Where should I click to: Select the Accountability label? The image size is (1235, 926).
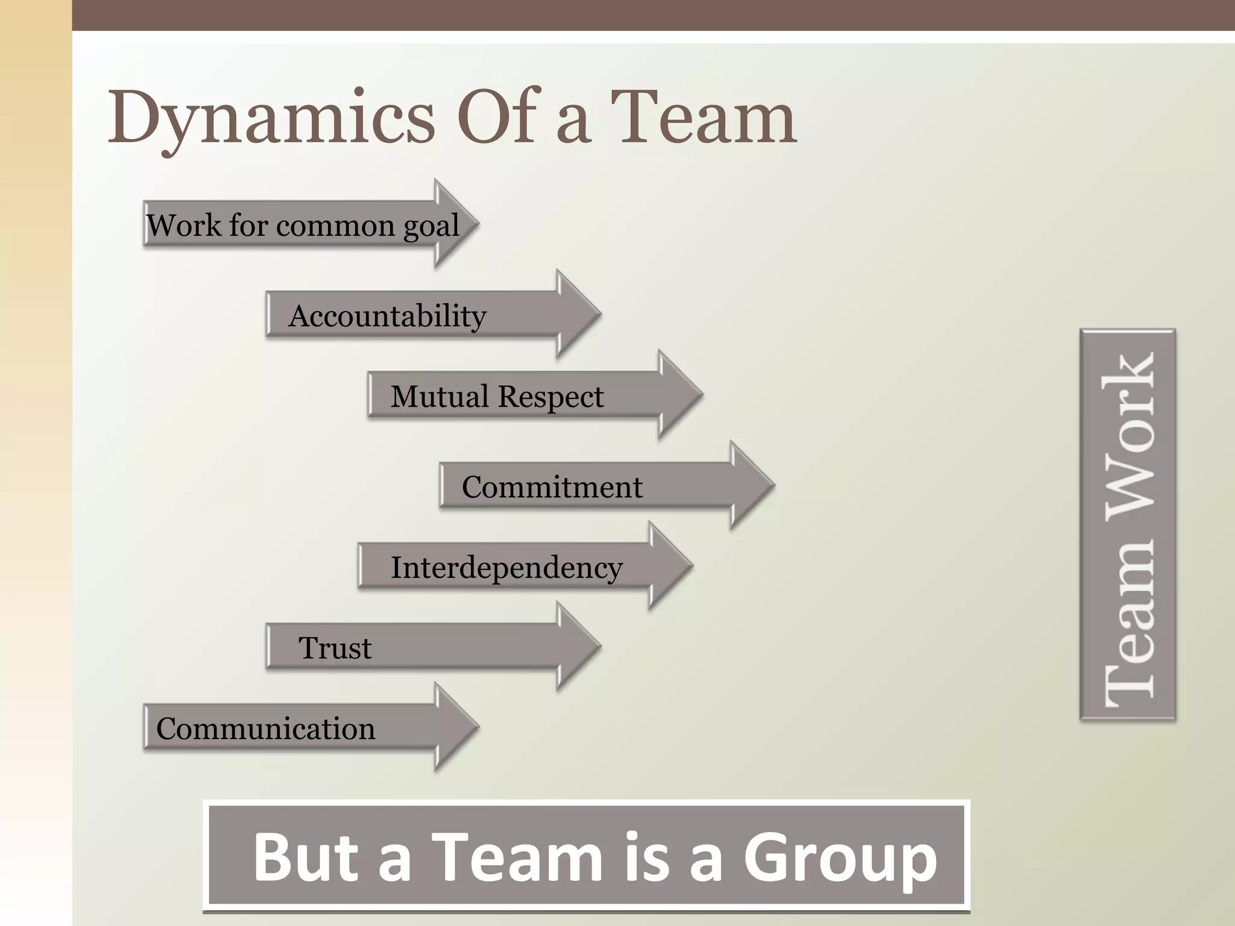pos(387,316)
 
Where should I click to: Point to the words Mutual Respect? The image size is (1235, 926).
pos(496,397)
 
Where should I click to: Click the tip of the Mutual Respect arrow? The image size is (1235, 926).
pos(700,394)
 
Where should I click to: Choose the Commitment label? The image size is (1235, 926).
pos(552,487)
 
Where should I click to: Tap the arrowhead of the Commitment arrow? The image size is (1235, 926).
pos(751,485)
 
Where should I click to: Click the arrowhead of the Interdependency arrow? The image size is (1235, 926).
pos(669,565)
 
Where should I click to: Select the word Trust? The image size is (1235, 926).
pos(335,648)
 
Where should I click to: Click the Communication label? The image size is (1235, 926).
pos(265,728)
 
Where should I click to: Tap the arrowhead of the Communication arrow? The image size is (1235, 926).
pos(455,726)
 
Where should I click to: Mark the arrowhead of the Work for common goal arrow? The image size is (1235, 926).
pos(455,223)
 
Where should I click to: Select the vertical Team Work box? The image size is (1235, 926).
pos(1128,524)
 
